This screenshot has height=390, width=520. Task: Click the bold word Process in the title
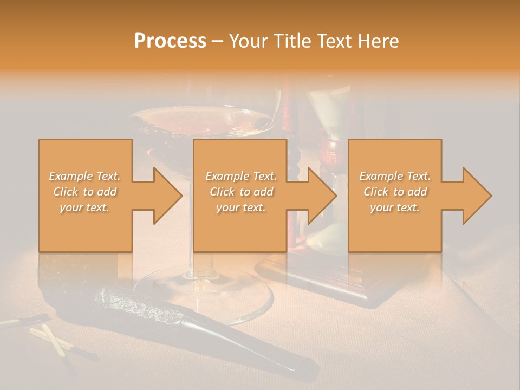pos(170,41)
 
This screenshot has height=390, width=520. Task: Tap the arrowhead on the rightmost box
pos(476,196)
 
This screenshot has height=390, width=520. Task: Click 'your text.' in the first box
pos(84,207)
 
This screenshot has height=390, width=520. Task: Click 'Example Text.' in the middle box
pos(241,176)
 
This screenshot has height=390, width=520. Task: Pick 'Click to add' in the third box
pos(395,192)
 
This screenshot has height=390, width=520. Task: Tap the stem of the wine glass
pos(191,227)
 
